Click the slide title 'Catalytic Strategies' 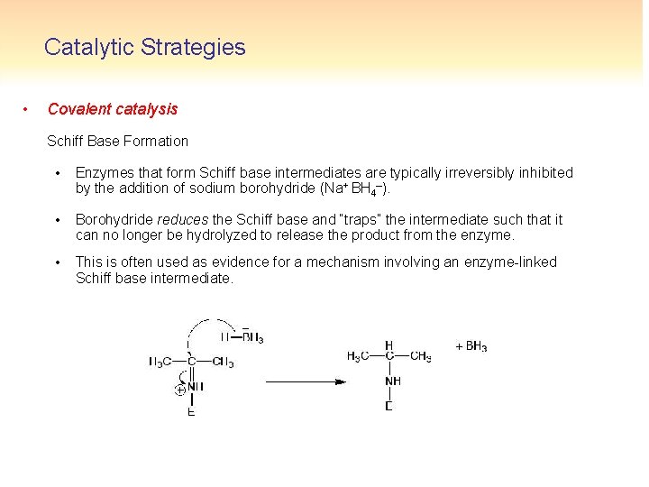point(144,47)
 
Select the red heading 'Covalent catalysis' point(113,109)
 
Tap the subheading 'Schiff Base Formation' point(117,141)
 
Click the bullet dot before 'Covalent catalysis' point(26,109)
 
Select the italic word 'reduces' point(182,219)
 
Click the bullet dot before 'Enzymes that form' point(57,172)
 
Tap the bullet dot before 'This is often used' point(57,262)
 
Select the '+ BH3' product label point(471,346)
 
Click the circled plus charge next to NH point(180,390)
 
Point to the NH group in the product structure point(392,381)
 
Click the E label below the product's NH point(388,405)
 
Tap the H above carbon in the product point(388,345)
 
